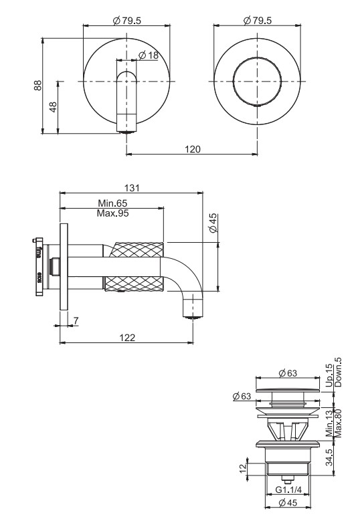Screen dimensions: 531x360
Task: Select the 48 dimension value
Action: [53, 106]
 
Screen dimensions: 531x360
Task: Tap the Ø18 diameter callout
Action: [149, 56]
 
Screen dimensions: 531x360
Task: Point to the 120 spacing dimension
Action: [192, 149]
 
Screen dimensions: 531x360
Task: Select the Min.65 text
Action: [112, 203]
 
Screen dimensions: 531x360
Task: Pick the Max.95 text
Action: [113, 213]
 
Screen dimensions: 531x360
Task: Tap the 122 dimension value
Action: [128, 338]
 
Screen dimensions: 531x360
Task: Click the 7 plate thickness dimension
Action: [76, 322]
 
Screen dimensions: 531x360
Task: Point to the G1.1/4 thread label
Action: [290, 490]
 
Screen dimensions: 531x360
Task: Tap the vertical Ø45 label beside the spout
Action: [212, 223]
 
